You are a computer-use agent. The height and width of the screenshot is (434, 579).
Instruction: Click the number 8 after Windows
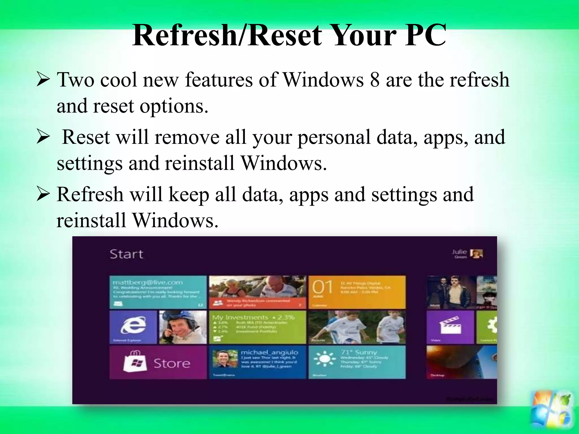pyautogui.click(x=375, y=80)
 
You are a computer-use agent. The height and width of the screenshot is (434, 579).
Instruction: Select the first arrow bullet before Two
pyautogui.click(x=43, y=79)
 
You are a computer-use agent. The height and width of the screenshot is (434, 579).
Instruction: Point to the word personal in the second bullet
pyautogui.click(x=334, y=138)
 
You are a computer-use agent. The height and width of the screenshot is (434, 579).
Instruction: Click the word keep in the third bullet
pyautogui.click(x=189, y=195)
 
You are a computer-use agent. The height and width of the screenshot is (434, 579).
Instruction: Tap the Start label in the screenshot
pyautogui.click(x=126, y=254)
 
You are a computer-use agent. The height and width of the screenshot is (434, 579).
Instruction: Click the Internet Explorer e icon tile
pyautogui.click(x=133, y=325)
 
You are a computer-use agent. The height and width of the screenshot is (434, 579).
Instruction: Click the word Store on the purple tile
pyautogui.click(x=172, y=363)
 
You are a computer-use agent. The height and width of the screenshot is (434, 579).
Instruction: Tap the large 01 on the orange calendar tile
pyautogui.click(x=322, y=287)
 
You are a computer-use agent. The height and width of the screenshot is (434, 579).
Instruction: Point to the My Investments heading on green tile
pyautogui.click(x=240, y=318)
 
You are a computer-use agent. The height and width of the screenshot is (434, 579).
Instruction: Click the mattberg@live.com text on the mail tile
pyautogui.click(x=148, y=283)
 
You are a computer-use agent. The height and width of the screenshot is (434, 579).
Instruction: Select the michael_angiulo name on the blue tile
pyautogui.click(x=269, y=352)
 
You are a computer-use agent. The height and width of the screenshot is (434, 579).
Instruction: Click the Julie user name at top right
pyautogui.click(x=459, y=252)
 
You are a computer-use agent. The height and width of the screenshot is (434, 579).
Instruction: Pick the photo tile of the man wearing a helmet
pyautogui.click(x=183, y=327)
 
